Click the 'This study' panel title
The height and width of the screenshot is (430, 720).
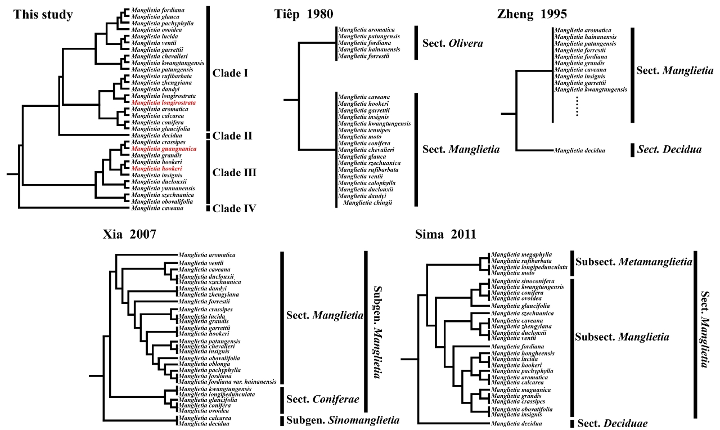tap(43, 15)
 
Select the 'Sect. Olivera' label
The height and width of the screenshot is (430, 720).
tap(452, 43)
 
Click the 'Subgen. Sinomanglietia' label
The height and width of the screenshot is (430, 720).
tap(343, 420)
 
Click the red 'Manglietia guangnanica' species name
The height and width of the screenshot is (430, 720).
tap(164, 149)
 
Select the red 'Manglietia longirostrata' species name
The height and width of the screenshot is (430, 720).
tap(164, 103)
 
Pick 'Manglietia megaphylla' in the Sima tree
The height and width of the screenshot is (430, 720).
tap(521, 254)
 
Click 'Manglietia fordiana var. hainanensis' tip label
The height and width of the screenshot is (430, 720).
tap(227, 382)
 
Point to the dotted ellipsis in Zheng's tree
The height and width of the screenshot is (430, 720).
tap(577, 106)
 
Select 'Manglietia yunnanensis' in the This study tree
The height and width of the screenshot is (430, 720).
tap(163, 188)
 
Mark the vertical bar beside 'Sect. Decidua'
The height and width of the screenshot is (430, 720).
tap(632, 150)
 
